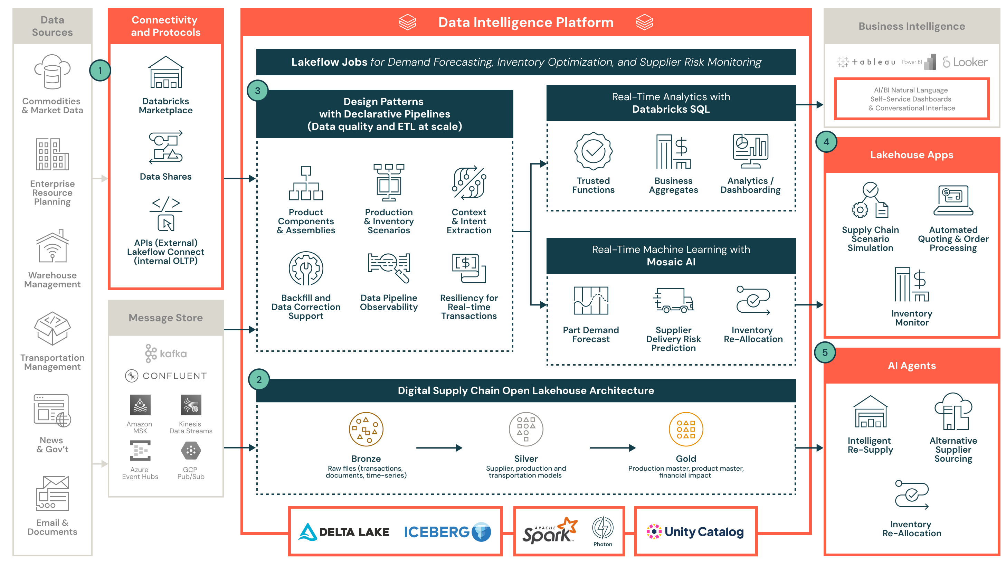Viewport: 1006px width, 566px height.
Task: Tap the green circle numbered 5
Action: tap(825, 352)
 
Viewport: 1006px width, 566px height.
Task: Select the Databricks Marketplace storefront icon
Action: tap(165, 72)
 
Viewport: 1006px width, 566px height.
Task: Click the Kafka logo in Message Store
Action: tap(165, 353)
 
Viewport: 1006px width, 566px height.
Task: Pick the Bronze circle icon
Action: tap(366, 429)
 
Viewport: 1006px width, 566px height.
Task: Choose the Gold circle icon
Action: tap(686, 429)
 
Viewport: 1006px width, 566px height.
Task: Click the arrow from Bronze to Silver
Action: tap(439, 447)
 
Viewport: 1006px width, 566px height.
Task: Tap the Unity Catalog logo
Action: tap(695, 532)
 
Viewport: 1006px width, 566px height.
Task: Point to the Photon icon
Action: tap(602, 528)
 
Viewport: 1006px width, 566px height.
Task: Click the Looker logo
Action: tap(965, 62)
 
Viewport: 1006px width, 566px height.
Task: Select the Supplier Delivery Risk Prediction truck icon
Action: tap(673, 300)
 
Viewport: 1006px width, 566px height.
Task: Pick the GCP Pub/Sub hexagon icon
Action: tap(191, 451)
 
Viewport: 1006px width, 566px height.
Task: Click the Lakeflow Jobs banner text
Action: tap(526, 62)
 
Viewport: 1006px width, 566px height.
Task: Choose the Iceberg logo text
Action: tap(437, 532)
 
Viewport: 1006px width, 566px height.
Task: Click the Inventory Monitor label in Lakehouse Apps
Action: tap(911, 318)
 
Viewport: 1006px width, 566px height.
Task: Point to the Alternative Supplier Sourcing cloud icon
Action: tap(953, 411)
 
